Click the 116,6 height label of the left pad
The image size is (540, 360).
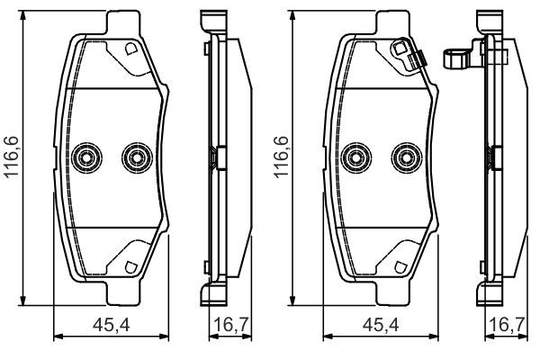[12, 157]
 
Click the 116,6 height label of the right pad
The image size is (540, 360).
[281, 157]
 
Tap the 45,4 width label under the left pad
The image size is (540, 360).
[112, 325]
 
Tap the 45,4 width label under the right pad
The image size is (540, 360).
[381, 325]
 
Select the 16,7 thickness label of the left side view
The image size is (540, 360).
[231, 325]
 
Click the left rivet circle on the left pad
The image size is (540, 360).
[86, 158]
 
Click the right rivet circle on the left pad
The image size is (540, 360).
[137, 158]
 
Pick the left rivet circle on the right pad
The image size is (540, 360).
[356, 158]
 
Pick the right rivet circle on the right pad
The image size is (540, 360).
[407, 158]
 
